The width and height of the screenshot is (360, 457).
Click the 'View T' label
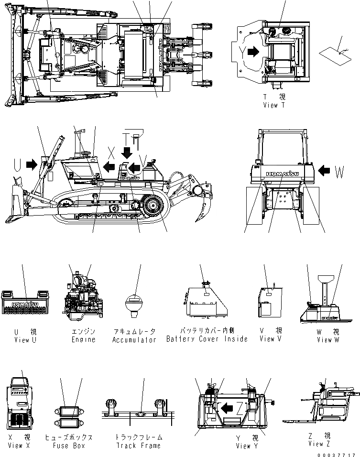coord(273,105)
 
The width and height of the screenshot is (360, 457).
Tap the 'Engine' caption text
coord(83,340)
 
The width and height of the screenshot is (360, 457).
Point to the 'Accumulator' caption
coord(134,340)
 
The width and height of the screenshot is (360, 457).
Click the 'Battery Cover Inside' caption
coord(207,339)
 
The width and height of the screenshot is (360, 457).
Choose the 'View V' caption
coord(271,339)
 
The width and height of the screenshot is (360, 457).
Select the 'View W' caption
coord(328,340)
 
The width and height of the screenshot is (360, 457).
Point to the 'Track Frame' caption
coord(139,446)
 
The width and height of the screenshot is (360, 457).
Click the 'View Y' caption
coord(247,446)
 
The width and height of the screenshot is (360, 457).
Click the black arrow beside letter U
coord(32,164)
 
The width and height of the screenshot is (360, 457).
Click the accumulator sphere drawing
coord(134,304)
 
